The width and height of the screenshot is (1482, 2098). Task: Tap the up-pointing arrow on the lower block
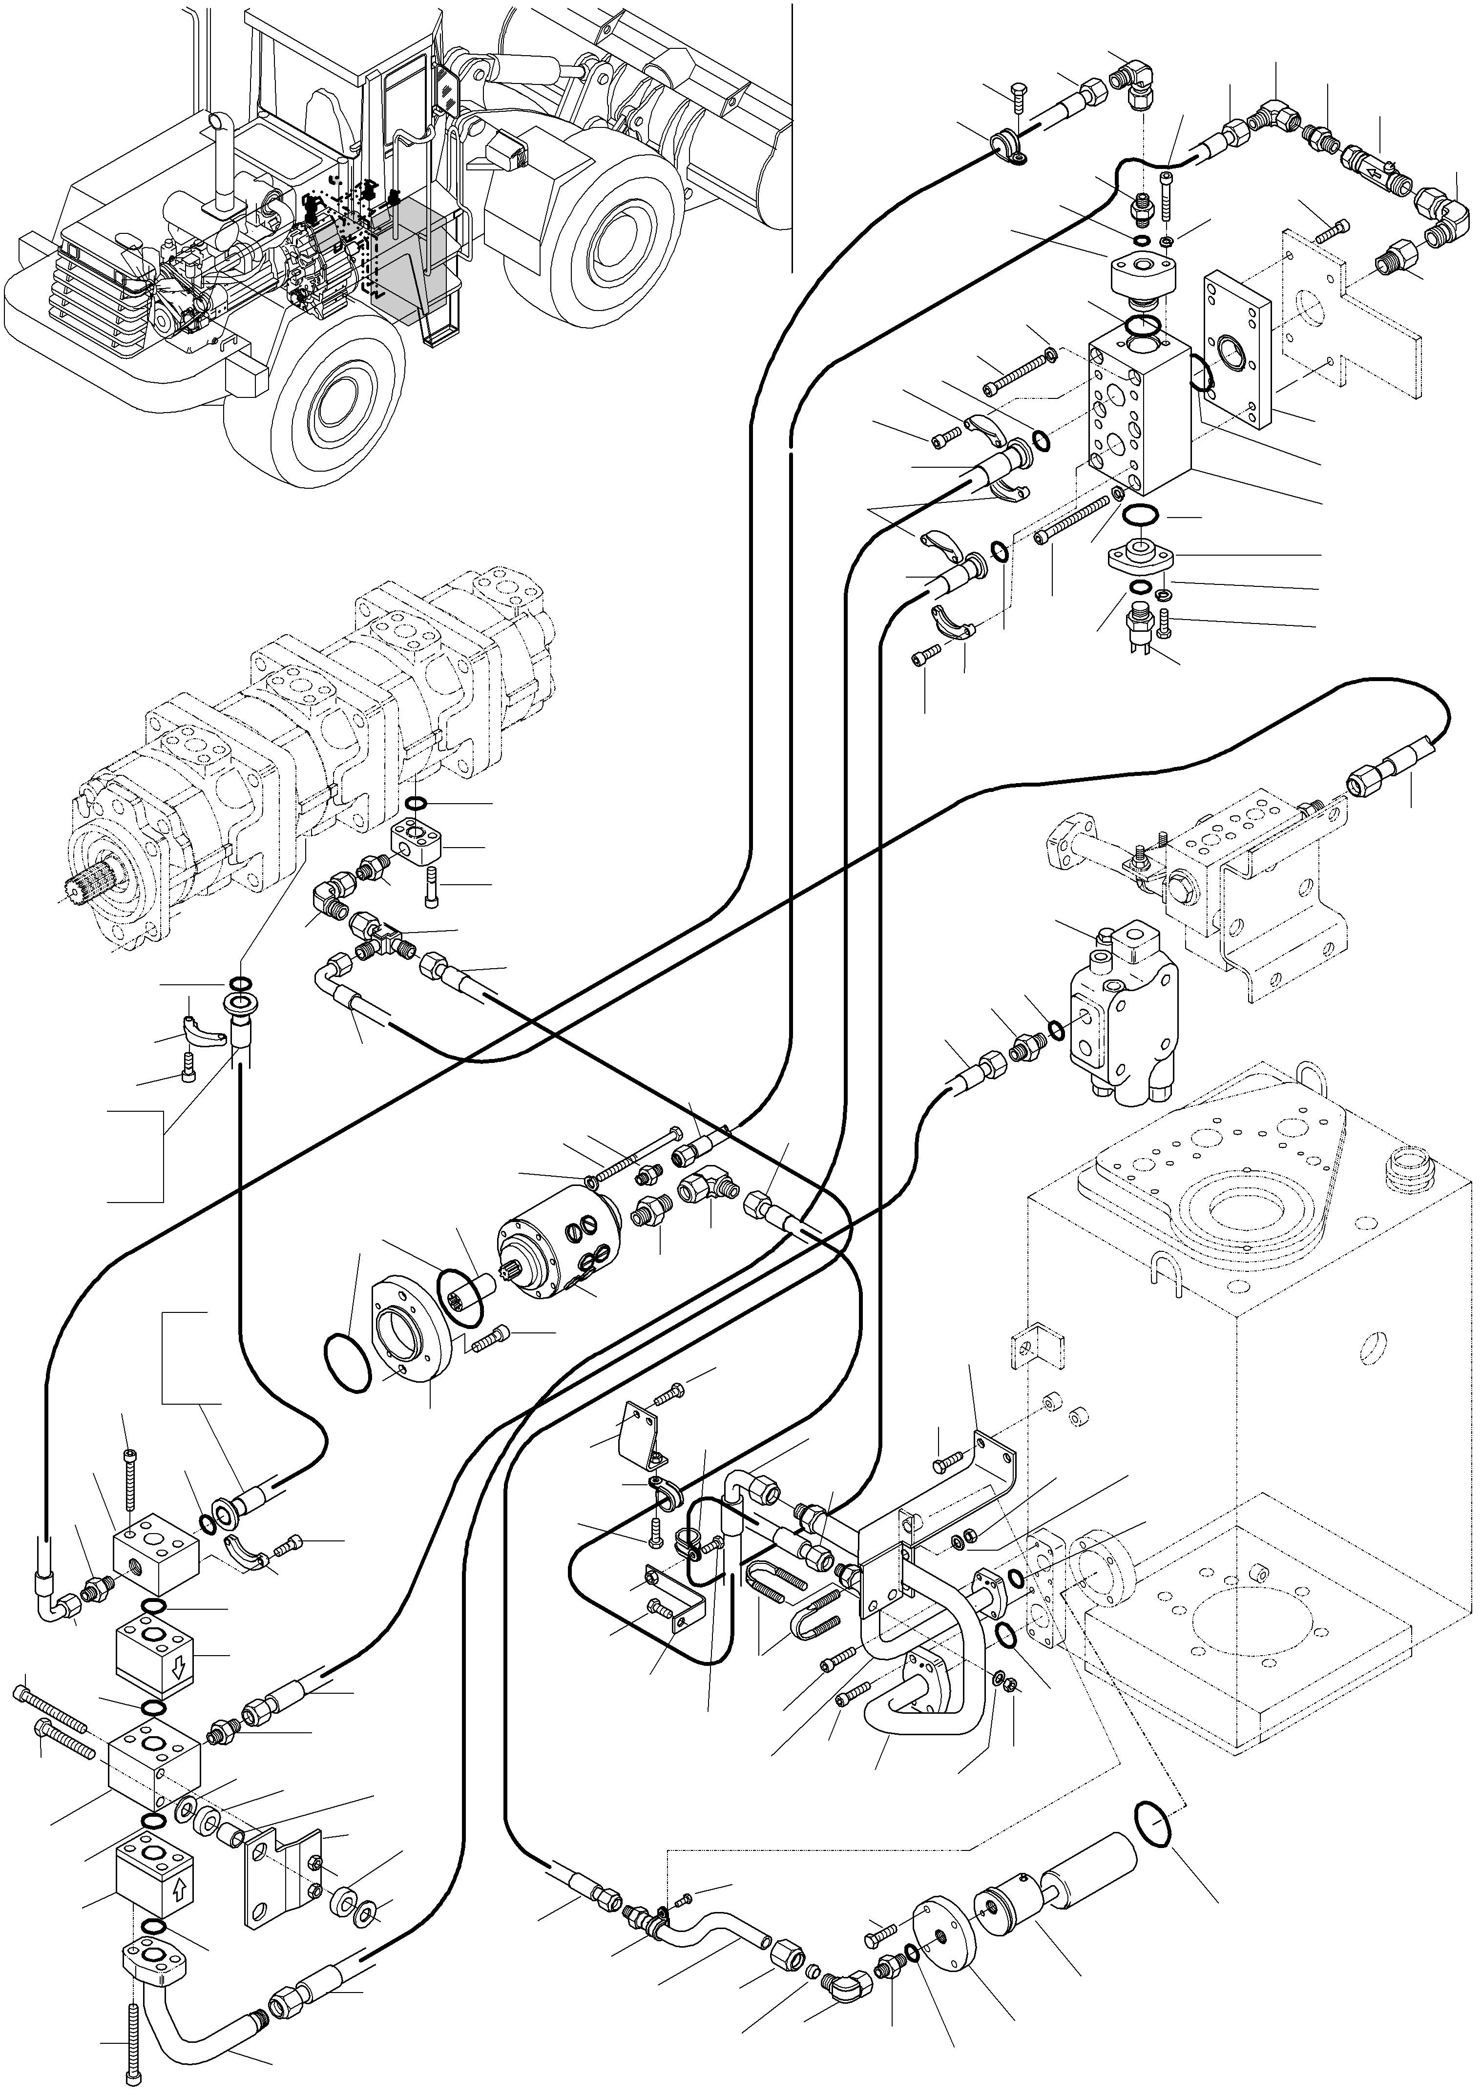coord(179,1884)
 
